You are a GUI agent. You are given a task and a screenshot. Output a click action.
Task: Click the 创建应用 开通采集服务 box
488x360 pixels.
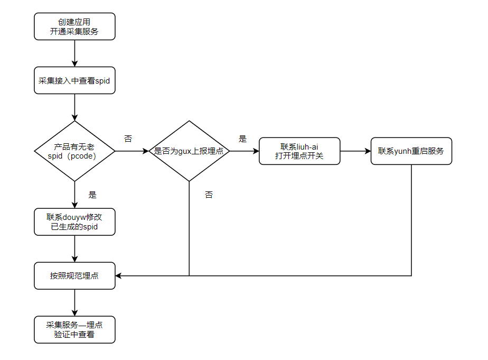74,26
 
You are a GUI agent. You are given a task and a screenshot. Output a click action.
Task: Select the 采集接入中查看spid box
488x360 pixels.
74,81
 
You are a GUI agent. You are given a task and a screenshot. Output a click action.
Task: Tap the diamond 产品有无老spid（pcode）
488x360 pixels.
74,151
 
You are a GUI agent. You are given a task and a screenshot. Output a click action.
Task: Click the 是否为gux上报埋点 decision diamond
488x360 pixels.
189,151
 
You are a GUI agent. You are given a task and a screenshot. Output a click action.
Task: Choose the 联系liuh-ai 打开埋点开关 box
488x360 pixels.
299,151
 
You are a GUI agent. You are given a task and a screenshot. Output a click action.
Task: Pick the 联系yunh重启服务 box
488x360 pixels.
411,151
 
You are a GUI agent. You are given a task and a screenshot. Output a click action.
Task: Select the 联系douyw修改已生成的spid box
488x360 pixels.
74,222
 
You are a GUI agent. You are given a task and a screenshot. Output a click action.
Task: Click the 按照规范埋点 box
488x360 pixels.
74,275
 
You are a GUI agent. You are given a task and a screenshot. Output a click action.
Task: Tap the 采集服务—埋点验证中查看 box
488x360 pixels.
74,329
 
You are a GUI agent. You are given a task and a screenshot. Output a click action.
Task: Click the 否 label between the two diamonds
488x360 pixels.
128,139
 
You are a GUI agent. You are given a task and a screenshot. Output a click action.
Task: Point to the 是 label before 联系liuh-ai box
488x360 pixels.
242,139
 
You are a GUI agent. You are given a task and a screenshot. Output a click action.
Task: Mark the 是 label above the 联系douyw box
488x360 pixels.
92,195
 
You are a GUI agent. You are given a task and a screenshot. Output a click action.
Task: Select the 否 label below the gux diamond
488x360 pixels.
209,195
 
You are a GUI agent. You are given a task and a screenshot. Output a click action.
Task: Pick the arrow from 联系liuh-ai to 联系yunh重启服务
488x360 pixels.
355,151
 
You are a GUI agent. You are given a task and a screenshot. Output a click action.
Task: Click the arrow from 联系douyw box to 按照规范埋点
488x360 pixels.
74,248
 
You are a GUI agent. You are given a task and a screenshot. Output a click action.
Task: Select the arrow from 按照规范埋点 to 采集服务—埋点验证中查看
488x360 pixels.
74,302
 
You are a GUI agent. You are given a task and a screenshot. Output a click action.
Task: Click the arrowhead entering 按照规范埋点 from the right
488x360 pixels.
119,275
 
